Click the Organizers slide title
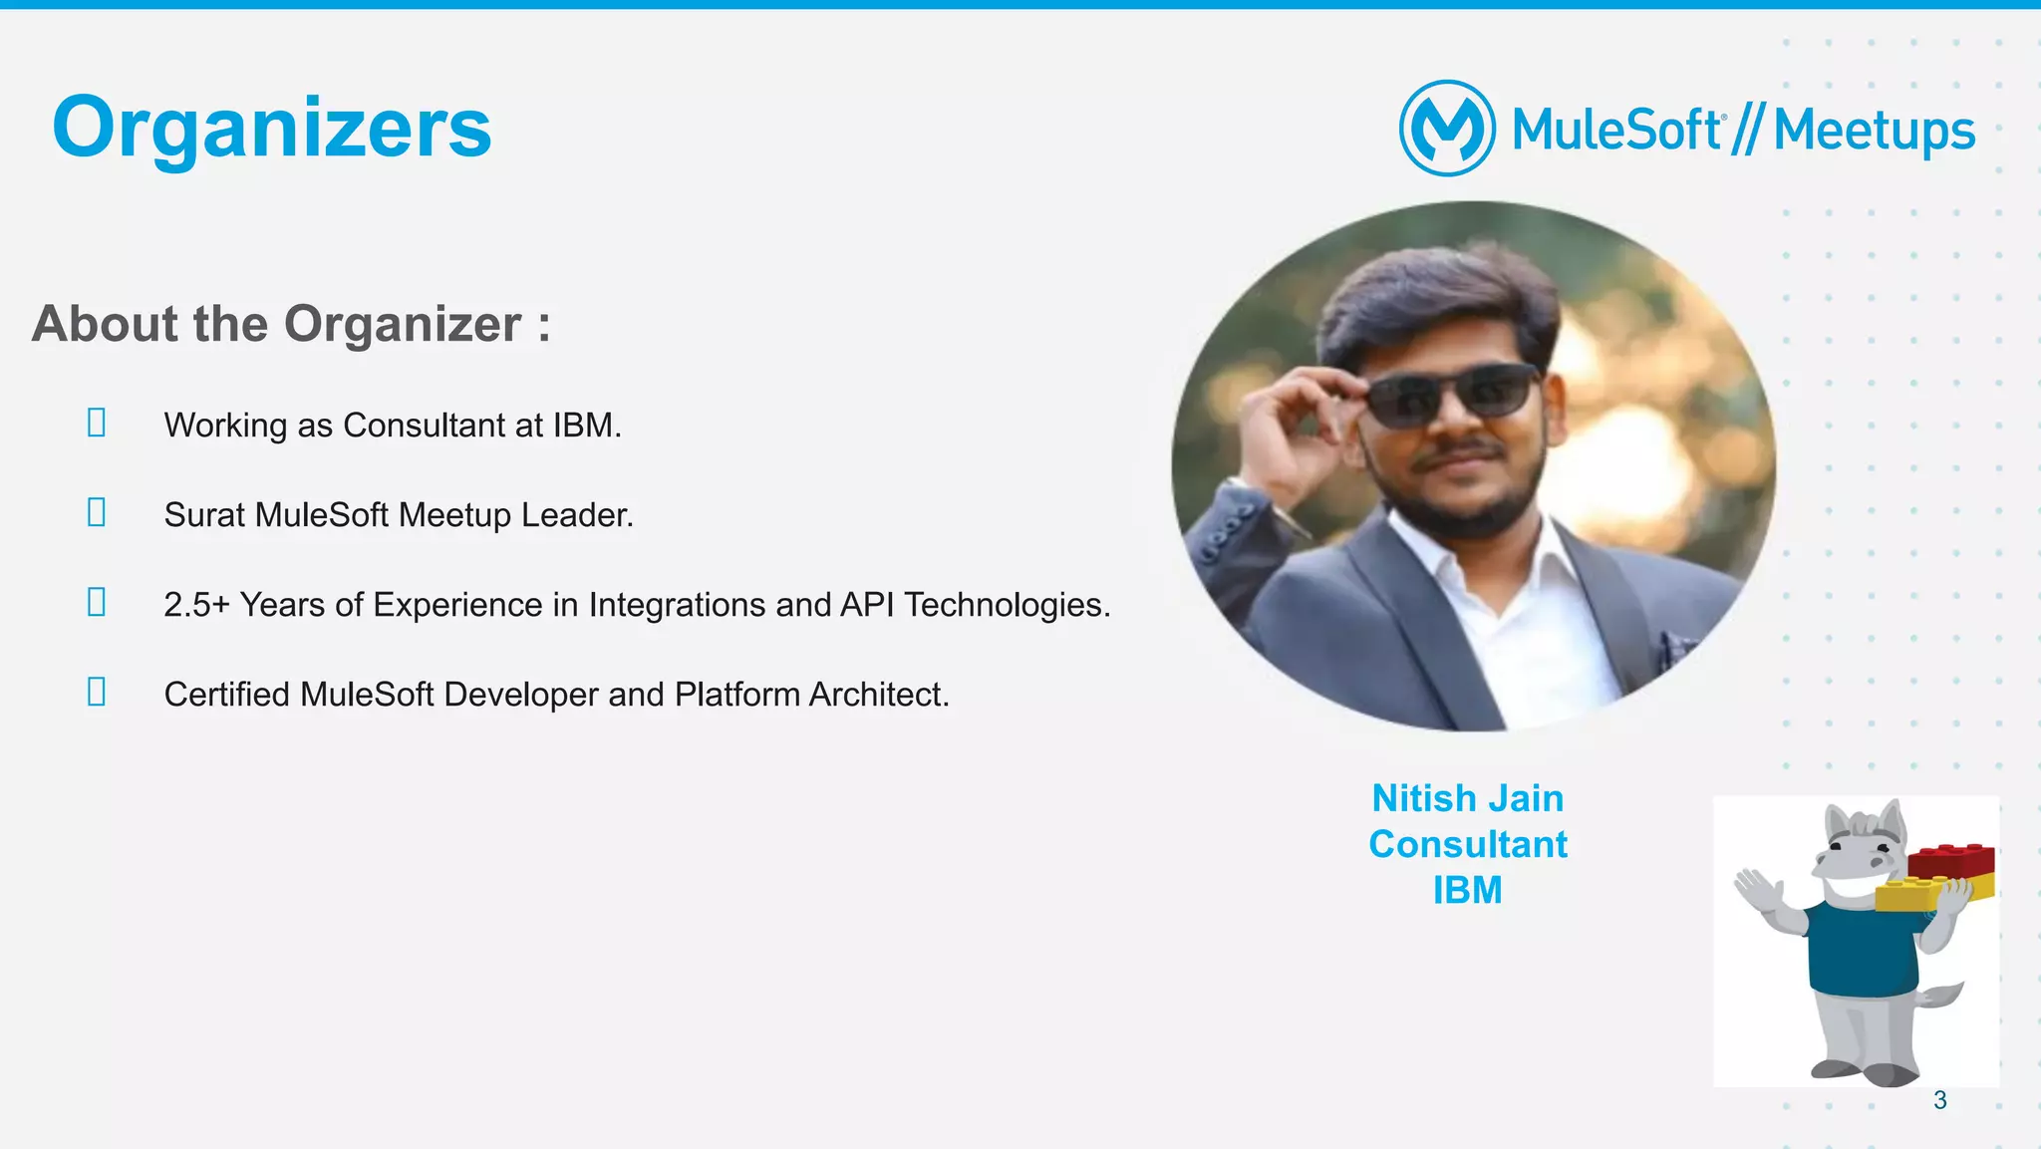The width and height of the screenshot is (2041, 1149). [271, 128]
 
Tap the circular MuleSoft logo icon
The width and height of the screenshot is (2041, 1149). [1447, 129]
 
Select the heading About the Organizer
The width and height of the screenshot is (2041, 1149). [290, 324]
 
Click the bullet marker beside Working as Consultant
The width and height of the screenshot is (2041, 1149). [97, 423]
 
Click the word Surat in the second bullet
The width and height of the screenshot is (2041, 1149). [204, 515]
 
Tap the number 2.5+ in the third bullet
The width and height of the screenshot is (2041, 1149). [196, 605]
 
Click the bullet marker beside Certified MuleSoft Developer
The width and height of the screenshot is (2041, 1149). [97, 692]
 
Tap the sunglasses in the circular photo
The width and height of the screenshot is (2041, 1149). [1451, 396]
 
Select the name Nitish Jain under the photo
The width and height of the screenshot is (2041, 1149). [1467, 798]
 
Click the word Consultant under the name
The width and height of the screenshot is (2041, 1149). [1467, 844]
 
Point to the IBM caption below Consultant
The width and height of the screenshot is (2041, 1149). [1467, 890]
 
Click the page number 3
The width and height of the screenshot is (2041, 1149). [1939, 1100]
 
